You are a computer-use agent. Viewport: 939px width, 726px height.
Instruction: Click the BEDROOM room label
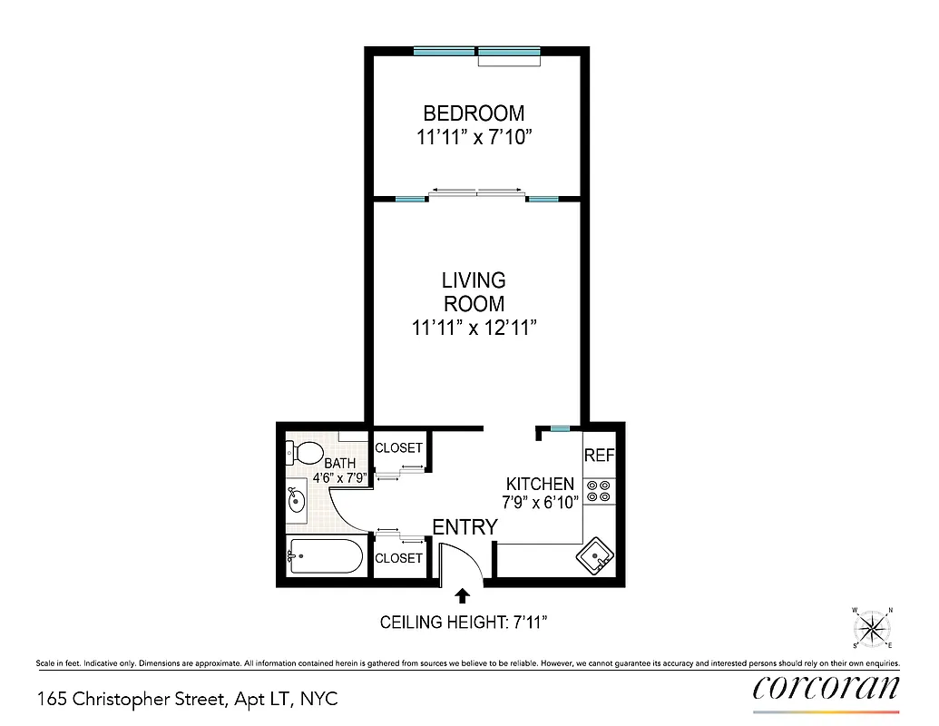[x=474, y=113]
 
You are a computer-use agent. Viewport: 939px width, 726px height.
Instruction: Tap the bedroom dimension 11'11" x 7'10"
[x=474, y=138]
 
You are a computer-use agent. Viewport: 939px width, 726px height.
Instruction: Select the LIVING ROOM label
[x=474, y=292]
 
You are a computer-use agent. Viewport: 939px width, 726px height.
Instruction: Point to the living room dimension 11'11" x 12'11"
[x=474, y=328]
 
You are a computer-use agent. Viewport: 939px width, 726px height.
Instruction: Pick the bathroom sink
[x=296, y=499]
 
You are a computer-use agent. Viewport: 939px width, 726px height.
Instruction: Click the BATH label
[x=339, y=464]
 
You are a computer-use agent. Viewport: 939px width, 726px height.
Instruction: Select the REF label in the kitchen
[x=599, y=456]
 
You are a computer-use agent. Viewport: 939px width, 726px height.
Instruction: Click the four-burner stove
[x=598, y=492]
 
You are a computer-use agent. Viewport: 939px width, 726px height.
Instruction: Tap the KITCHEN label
[x=540, y=485]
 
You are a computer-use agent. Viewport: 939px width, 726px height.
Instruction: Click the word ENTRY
[x=465, y=527]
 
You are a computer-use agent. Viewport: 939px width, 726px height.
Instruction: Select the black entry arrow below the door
[x=463, y=595]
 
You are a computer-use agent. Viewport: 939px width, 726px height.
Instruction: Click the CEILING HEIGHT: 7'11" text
[x=463, y=623]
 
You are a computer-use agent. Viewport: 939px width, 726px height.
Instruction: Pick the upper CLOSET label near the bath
[x=398, y=448]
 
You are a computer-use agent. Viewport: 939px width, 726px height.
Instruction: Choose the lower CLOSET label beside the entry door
[x=398, y=558]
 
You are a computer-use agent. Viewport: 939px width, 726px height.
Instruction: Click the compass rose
[x=872, y=627]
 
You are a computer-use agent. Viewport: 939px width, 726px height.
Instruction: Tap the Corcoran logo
[x=826, y=687]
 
